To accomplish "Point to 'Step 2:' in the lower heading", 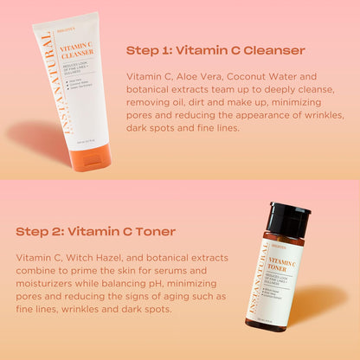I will [x=40, y=231].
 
